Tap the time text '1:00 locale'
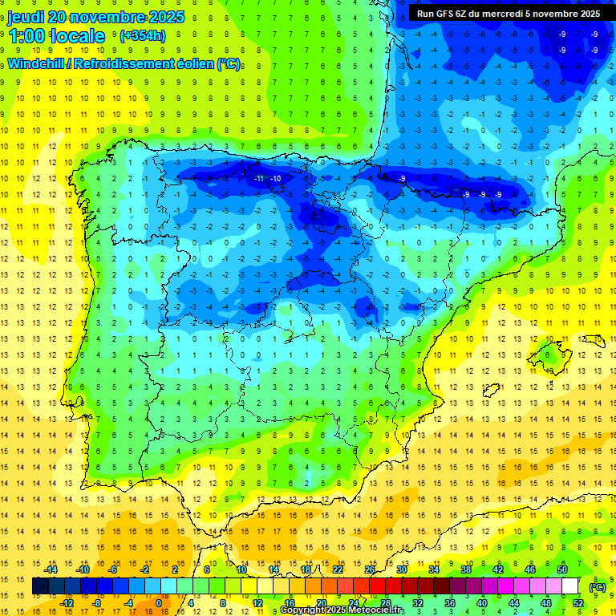point(56,36)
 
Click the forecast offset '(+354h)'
point(142,36)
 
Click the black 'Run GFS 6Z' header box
point(508,13)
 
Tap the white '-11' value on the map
point(257,178)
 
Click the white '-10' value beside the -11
point(275,178)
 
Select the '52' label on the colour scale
point(577,602)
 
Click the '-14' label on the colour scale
point(51,569)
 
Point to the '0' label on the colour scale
point(159,602)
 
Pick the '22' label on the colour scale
point(338,569)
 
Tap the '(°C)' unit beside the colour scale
point(597,587)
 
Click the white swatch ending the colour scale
point(569,586)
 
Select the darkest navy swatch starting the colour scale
point(40,586)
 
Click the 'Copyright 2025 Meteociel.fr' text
point(342,610)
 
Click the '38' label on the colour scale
point(466,569)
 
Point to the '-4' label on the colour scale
point(128,602)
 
